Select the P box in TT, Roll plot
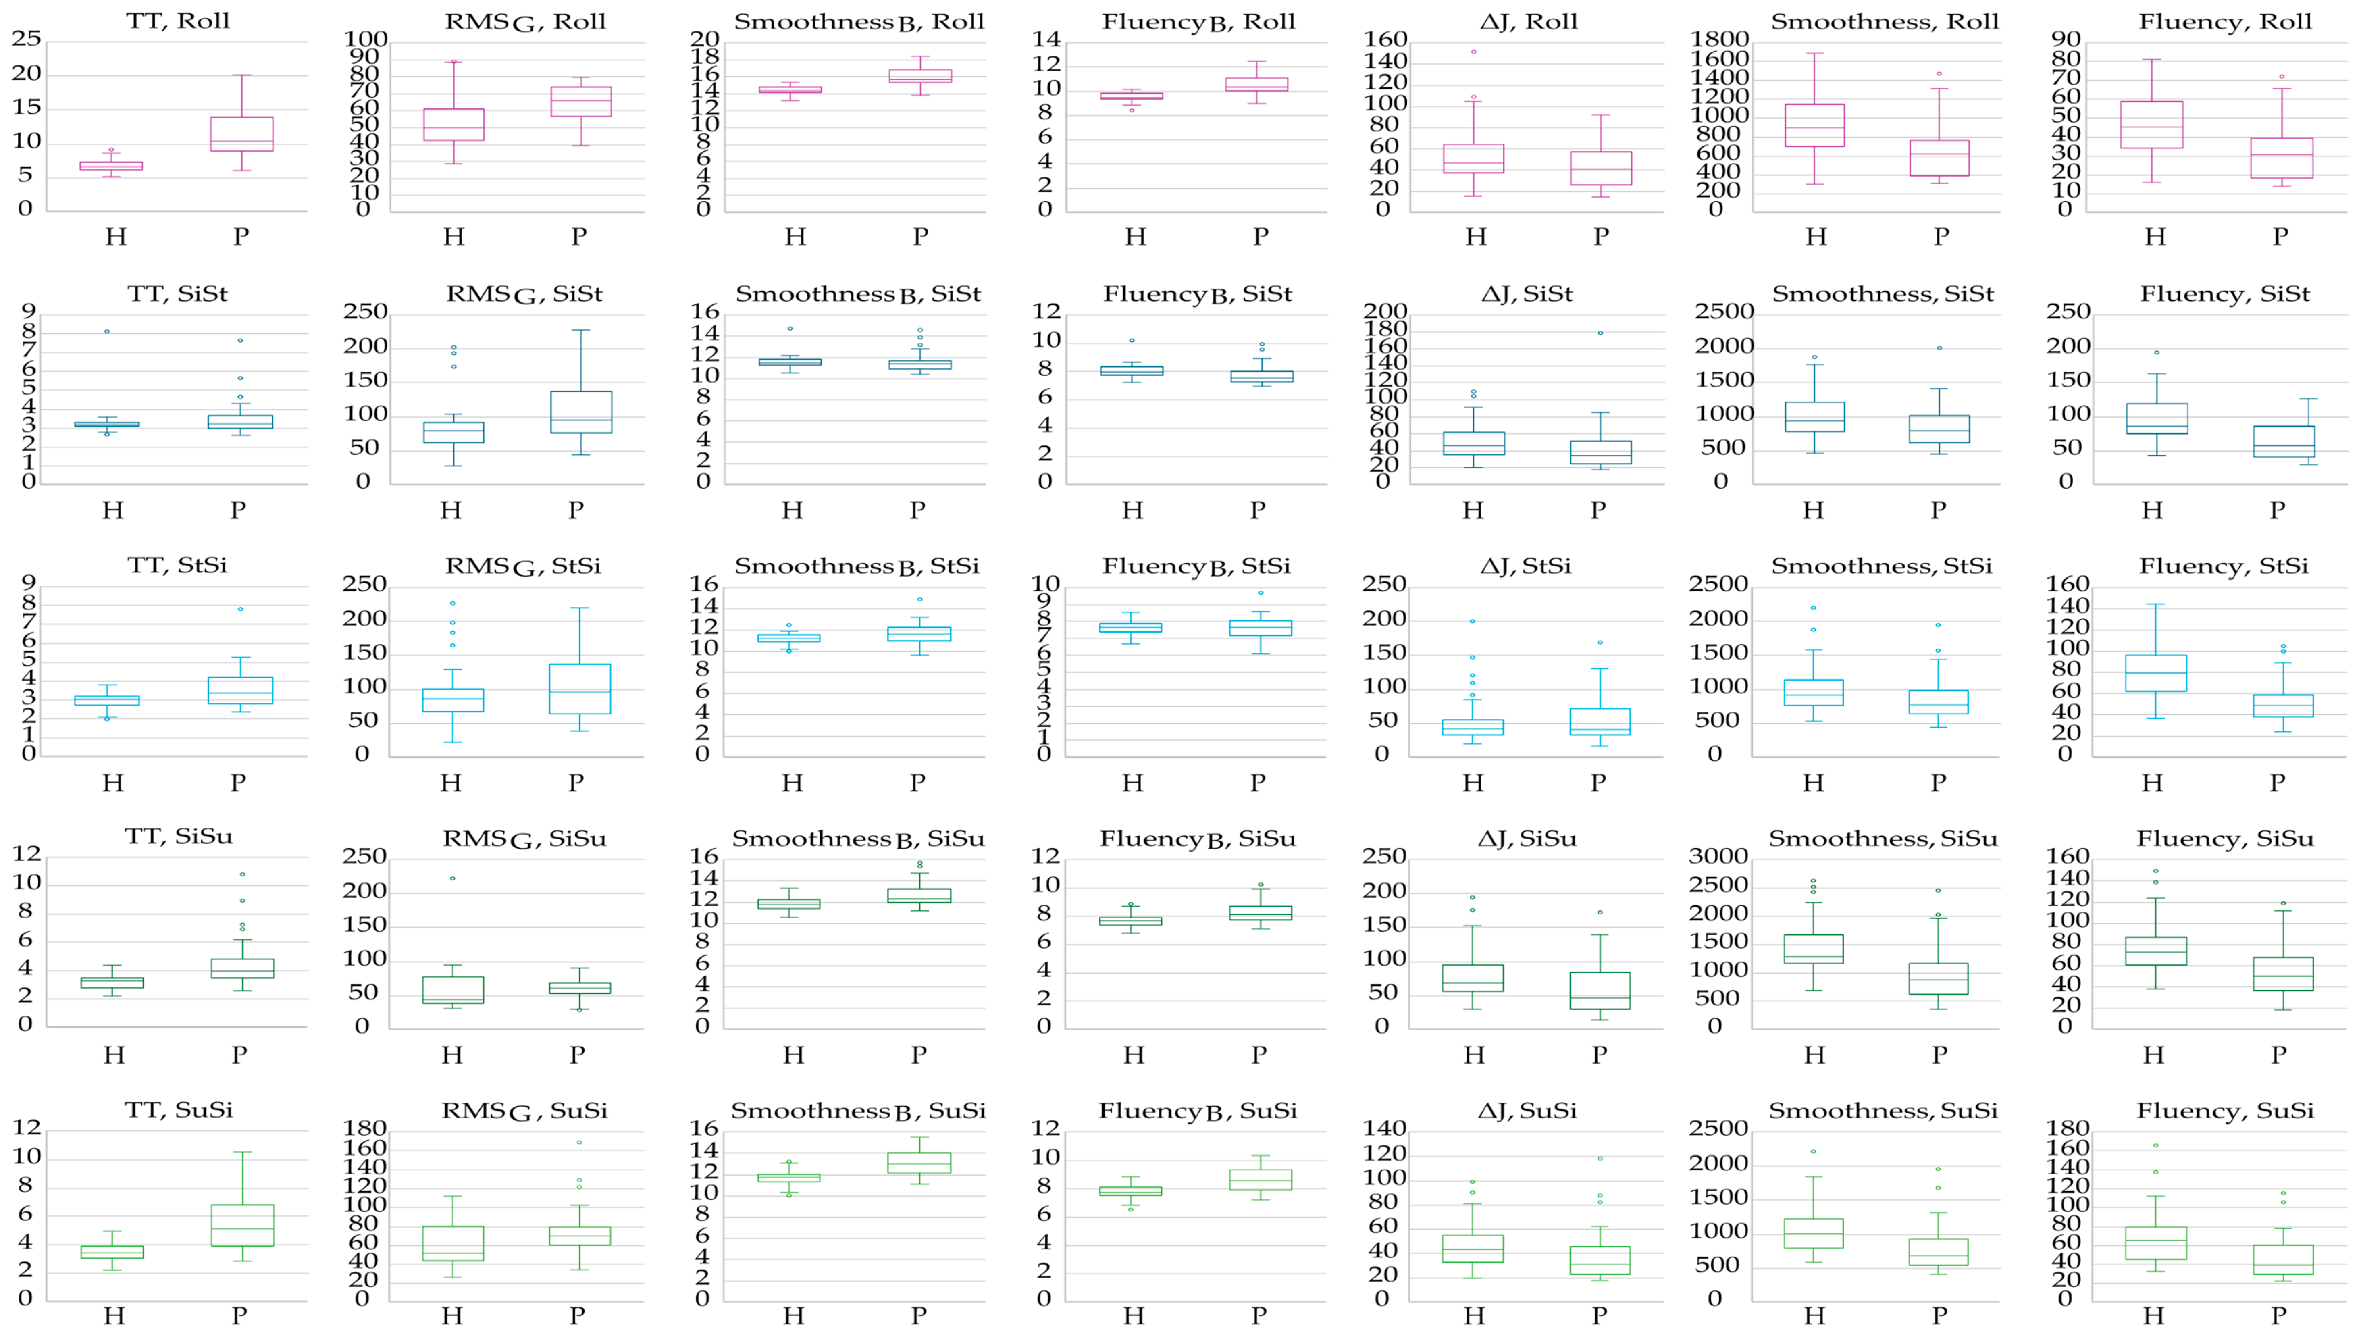click(241, 134)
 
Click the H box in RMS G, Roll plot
click(453, 125)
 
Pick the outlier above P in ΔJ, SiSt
click(1600, 333)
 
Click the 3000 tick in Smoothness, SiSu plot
click(1718, 856)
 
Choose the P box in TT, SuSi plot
click(242, 1225)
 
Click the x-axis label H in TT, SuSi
click(114, 1315)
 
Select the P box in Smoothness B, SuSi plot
click(919, 1162)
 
